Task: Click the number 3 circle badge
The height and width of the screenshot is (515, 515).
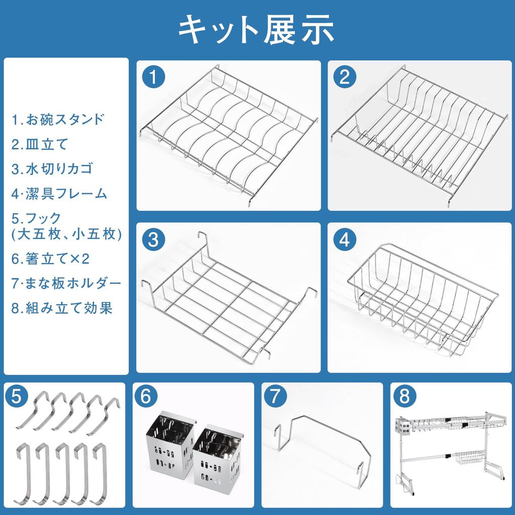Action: pyautogui.click(x=153, y=239)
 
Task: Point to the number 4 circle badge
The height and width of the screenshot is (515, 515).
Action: pyautogui.click(x=344, y=239)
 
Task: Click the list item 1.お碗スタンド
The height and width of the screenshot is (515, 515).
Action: pyautogui.click(x=58, y=120)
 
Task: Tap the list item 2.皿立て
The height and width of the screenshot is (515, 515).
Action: pyautogui.click(x=39, y=144)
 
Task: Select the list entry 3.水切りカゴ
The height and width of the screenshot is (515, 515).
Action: pyautogui.click(x=52, y=168)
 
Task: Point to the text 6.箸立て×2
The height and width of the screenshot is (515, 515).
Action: pyautogui.click(x=50, y=259)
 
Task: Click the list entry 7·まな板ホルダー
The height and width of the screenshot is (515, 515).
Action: pyautogui.click(x=66, y=283)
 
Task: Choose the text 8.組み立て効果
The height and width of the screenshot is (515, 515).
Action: pyautogui.click(x=62, y=308)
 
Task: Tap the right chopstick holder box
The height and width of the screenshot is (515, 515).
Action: pyautogui.click(x=218, y=454)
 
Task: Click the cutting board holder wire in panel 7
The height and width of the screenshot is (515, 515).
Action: pyautogui.click(x=322, y=443)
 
